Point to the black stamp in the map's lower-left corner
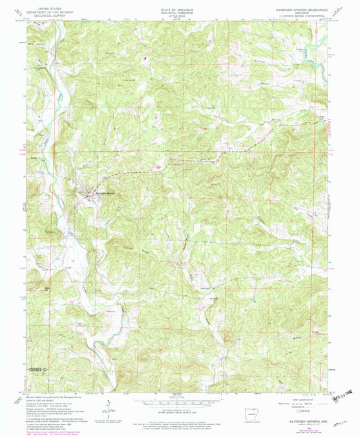click(39, 371)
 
